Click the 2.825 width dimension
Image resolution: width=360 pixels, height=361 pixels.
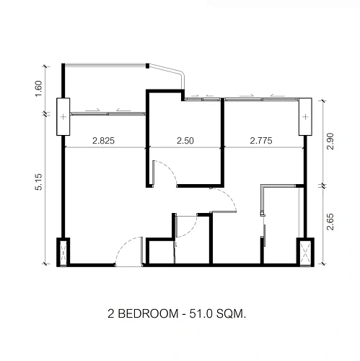click(103, 141)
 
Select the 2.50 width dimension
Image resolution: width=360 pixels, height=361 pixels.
click(185, 141)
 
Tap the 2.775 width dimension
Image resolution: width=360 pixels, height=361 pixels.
click(261, 141)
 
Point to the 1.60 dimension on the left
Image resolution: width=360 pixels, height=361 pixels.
click(39, 89)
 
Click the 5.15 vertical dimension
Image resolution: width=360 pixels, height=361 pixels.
click(39, 182)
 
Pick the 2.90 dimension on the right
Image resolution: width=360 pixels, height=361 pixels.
click(330, 141)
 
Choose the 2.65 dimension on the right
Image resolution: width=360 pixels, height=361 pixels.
click(330, 222)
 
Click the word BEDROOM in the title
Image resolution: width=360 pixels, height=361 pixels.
click(148, 314)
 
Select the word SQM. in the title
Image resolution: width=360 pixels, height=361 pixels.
click(231, 314)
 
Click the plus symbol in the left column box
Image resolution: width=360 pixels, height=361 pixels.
click(63, 117)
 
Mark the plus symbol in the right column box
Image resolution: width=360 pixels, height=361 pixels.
click(305, 117)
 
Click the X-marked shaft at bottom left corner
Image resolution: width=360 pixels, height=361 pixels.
click(63, 252)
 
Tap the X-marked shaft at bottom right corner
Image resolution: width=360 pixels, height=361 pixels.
click(305, 252)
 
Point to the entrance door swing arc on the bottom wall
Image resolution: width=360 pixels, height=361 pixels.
click(123, 244)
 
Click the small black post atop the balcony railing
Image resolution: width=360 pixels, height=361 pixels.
click(148, 66)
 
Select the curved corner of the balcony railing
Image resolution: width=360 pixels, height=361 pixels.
click(182, 74)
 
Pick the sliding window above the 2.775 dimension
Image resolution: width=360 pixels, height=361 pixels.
click(262, 99)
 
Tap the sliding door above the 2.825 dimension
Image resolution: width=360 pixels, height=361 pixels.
click(107, 113)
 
